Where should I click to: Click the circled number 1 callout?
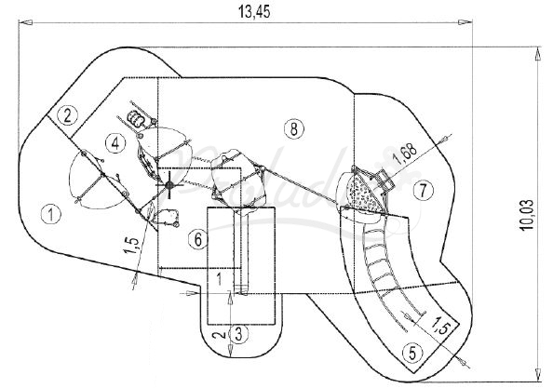(52, 213)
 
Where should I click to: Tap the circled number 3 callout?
(239, 331)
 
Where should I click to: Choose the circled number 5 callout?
(411, 352)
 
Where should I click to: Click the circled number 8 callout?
(294, 128)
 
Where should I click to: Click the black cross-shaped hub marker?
(170, 186)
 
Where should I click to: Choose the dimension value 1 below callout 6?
(218, 278)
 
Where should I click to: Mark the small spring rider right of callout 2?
(138, 118)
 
